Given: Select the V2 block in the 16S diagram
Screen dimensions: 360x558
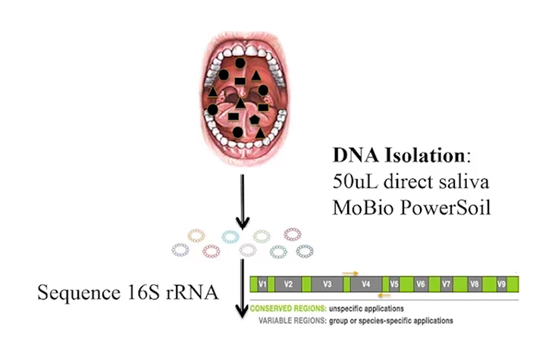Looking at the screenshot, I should [288, 286].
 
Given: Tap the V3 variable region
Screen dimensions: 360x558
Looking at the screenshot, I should [327, 286].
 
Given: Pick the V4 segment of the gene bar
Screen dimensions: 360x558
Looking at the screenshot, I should [366, 286].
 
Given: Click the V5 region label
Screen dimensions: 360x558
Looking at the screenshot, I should [394, 286].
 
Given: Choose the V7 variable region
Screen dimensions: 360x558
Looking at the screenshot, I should [447, 286].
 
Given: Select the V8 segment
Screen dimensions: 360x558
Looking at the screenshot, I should [474, 286].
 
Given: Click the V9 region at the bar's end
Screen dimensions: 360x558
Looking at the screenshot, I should [501, 286].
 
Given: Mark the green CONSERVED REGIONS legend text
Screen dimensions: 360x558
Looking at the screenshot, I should [288, 309].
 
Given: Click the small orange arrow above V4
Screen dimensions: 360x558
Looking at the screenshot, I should [350, 271].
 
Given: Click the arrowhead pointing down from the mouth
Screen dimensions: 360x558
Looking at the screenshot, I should [243, 224].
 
